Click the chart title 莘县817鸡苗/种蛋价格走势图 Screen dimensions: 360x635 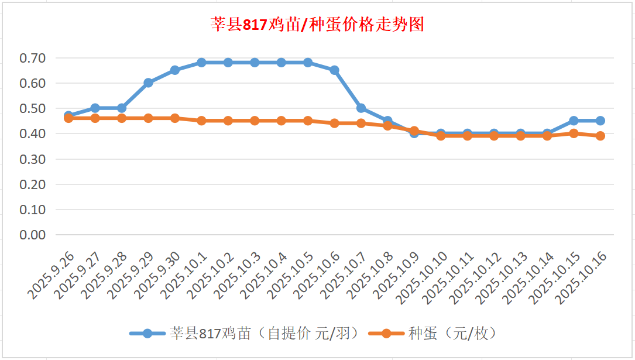(x=317, y=25)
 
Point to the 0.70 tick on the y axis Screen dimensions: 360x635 (x=32, y=58)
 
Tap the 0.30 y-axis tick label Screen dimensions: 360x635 (x=32, y=159)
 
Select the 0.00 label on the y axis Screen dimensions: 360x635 (x=32, y=234)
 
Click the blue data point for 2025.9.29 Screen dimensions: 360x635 (x=148, y=83)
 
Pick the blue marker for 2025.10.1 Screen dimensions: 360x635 (x=201, y=63)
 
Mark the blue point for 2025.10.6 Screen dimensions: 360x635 (x=334, y=70)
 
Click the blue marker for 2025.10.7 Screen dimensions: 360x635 (x=361, y=108)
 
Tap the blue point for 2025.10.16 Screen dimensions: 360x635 (x=600, y=121)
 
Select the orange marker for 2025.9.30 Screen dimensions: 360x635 (x=175, y=118)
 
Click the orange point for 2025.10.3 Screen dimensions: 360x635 (x=255, y=121)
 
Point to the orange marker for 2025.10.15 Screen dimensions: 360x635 (x=574, y=133)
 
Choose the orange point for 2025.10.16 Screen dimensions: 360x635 (x=600, y=136)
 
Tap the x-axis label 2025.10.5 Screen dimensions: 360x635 (x=291, y=275)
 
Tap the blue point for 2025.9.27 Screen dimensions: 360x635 (x=95, y=108)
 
